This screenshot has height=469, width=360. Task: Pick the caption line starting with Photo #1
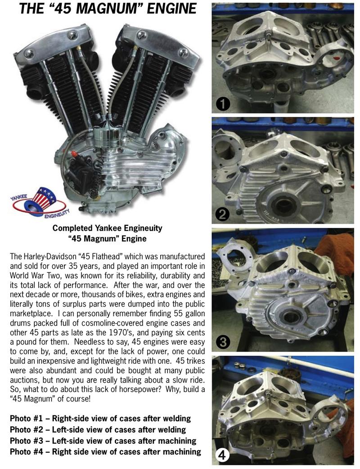tap(100, 418)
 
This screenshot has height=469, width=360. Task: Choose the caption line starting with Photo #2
tap(98, 429)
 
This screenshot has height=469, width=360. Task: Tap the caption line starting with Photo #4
tap(105, 452)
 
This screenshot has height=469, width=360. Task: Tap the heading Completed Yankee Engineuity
tap(108, 228)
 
